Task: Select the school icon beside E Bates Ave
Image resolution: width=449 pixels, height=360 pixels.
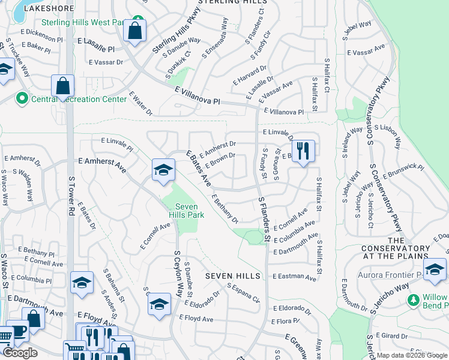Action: [x=163, y=172]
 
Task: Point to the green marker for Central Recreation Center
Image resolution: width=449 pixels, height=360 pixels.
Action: [x=22, y=97]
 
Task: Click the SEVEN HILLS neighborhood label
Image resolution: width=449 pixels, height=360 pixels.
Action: [x=233, y=276]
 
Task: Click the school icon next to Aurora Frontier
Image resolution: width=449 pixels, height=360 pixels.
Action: [x=435, y=271]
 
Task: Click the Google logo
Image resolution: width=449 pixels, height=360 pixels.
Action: [x=20, y=353]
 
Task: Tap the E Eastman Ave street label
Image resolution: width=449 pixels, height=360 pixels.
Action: [x=294, y=278]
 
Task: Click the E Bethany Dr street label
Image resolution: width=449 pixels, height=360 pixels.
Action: [x=225, y=208]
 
